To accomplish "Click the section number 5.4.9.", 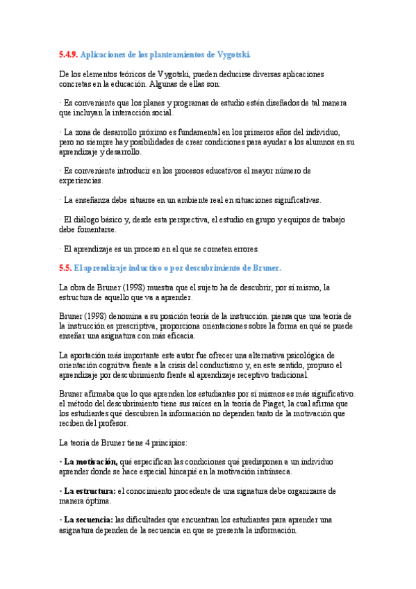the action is [x=69, y=54].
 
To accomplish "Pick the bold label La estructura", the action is [x=89, y=490].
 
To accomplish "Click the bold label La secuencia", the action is [x=88, y=520].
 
